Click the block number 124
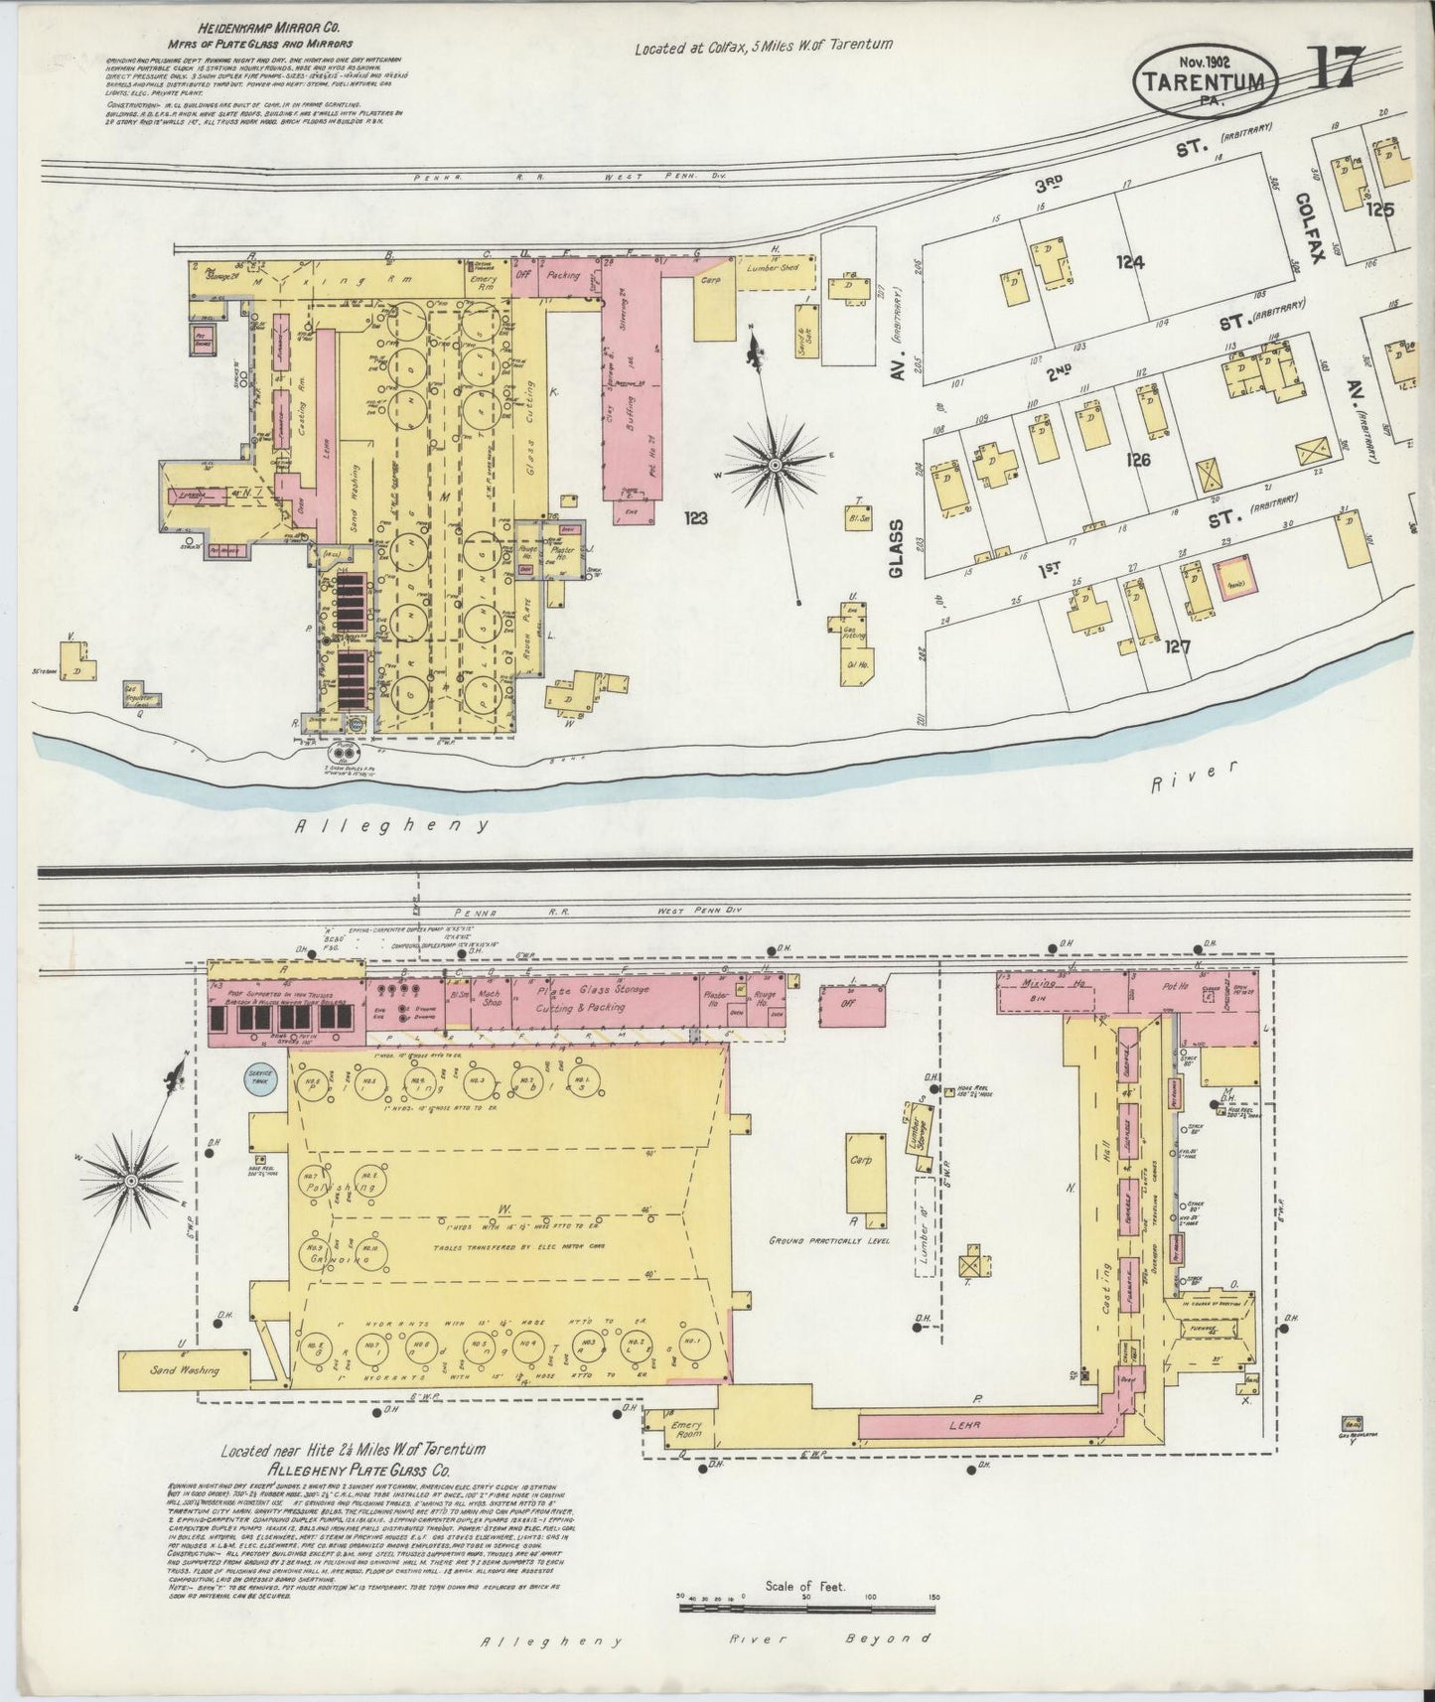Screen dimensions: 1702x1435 pos(1129,263)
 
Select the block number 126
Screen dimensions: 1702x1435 pos(1138,460)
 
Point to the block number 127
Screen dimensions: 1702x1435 pos(1178,646)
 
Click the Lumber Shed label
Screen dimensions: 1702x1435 pos(770,267)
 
